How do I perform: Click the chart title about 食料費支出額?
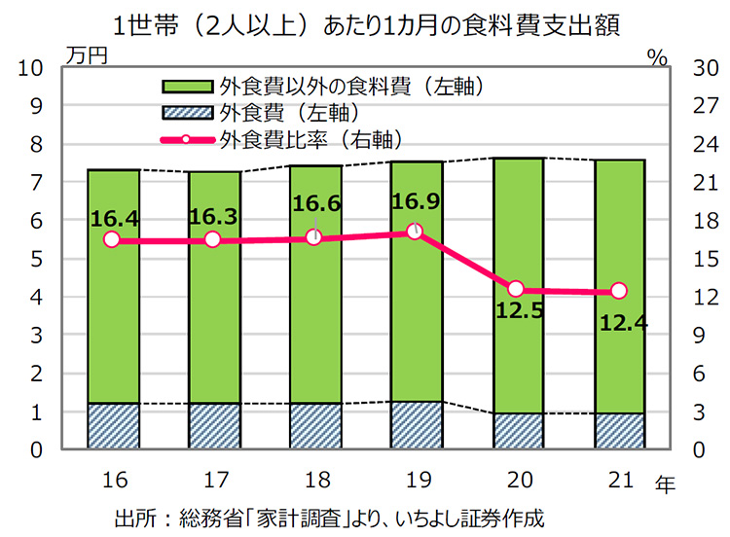click(x=365, y=22)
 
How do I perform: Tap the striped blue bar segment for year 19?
click(x=416, y=425)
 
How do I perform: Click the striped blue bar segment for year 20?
click(x=517, y=431)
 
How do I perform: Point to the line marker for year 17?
click(x=213, y=239)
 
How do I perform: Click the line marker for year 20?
click(x=517, y=289)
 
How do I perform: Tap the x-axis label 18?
click(x=314, y=480)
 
